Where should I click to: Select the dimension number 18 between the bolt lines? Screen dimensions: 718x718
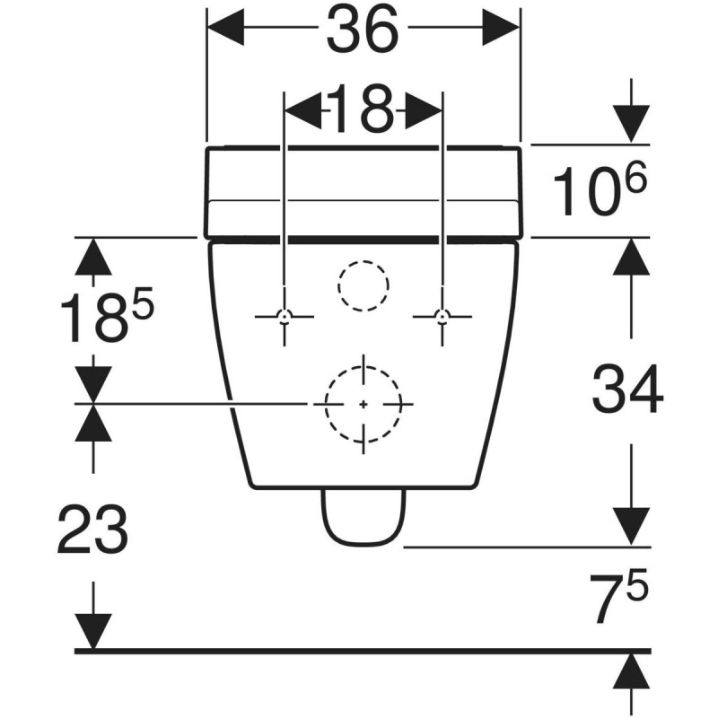click(x=362, y=109)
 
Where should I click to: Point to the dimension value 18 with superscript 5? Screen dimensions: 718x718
click(x=107, y=317)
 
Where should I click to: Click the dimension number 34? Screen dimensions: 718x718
click(x=627, y=390)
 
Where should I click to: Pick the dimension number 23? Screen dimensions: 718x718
click(x=92, y=529)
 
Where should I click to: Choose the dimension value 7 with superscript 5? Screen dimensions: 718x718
click(x=618, y=596)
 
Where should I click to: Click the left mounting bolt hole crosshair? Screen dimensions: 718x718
click(x=285, y=317)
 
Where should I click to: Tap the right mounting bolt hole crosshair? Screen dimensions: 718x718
click(x=442, y=317)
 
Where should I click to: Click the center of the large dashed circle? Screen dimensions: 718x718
click(x=363, y=405)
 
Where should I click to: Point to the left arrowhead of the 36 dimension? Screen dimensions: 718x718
click(x=225, y=28)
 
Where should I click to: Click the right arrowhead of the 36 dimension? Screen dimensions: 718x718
click(x=501, y=28)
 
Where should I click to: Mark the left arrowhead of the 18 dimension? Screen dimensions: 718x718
click(x=303, y=110)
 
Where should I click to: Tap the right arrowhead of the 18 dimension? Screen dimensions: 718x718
click(x=424, y=110)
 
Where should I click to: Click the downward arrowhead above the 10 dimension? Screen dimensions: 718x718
click(x=632, y=124)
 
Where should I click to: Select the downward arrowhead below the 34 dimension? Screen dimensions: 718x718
click(x=632, y=527)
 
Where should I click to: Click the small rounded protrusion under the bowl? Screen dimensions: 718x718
click(x=363, y=518)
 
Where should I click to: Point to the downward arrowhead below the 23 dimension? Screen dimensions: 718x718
click(x=93, y=631)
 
